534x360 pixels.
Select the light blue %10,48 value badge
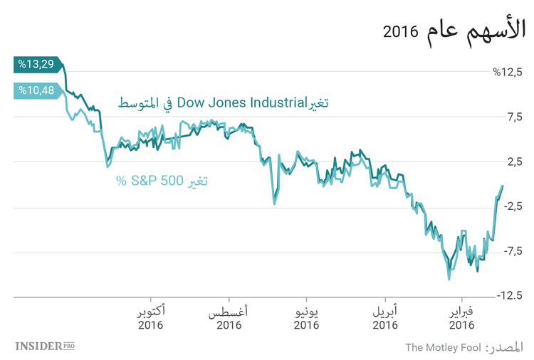click(37, 90)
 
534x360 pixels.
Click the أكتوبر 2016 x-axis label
click(151, 319)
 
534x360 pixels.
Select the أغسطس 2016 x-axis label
click(229, 319)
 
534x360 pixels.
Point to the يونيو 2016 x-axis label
click(306, 319)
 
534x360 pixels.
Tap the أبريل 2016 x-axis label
click(384, 319)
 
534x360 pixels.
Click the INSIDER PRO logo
click(45, 346)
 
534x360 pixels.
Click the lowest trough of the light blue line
click(449, 279)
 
